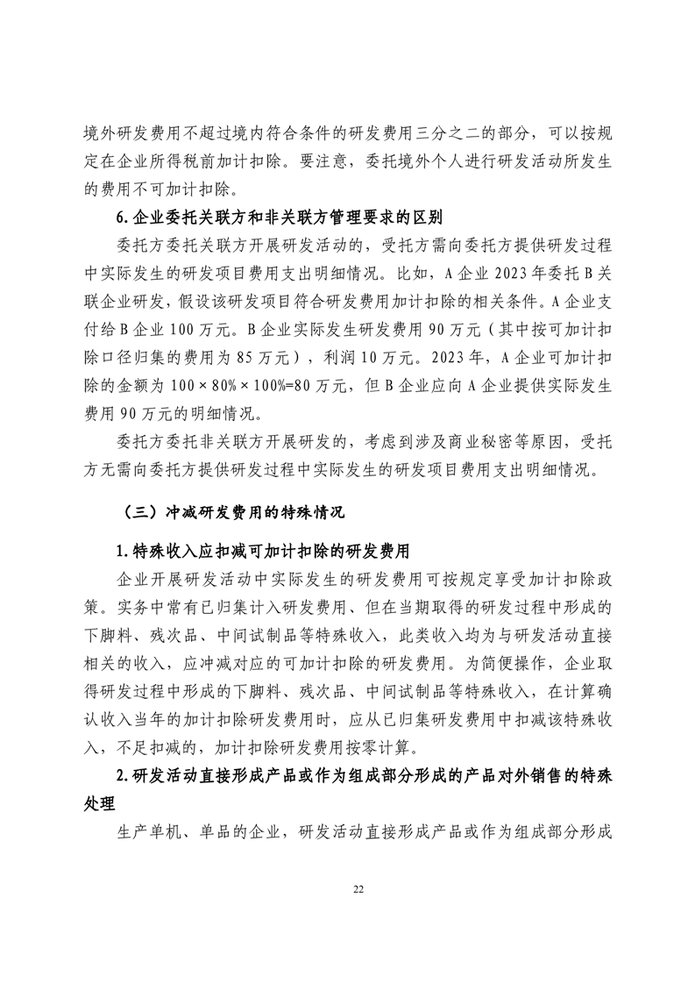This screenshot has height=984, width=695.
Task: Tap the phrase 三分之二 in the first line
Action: click(x=435, y=140)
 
